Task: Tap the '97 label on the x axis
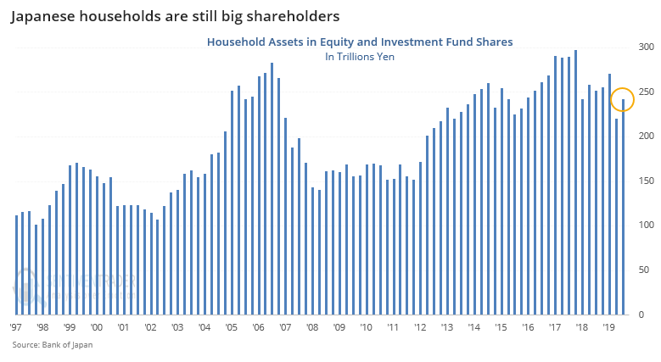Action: click(16, 326)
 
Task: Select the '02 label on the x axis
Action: click(150, 326)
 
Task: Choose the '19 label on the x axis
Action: click(608, 326)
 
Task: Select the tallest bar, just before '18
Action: click(575, 182)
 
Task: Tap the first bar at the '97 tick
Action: click(16, 265)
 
